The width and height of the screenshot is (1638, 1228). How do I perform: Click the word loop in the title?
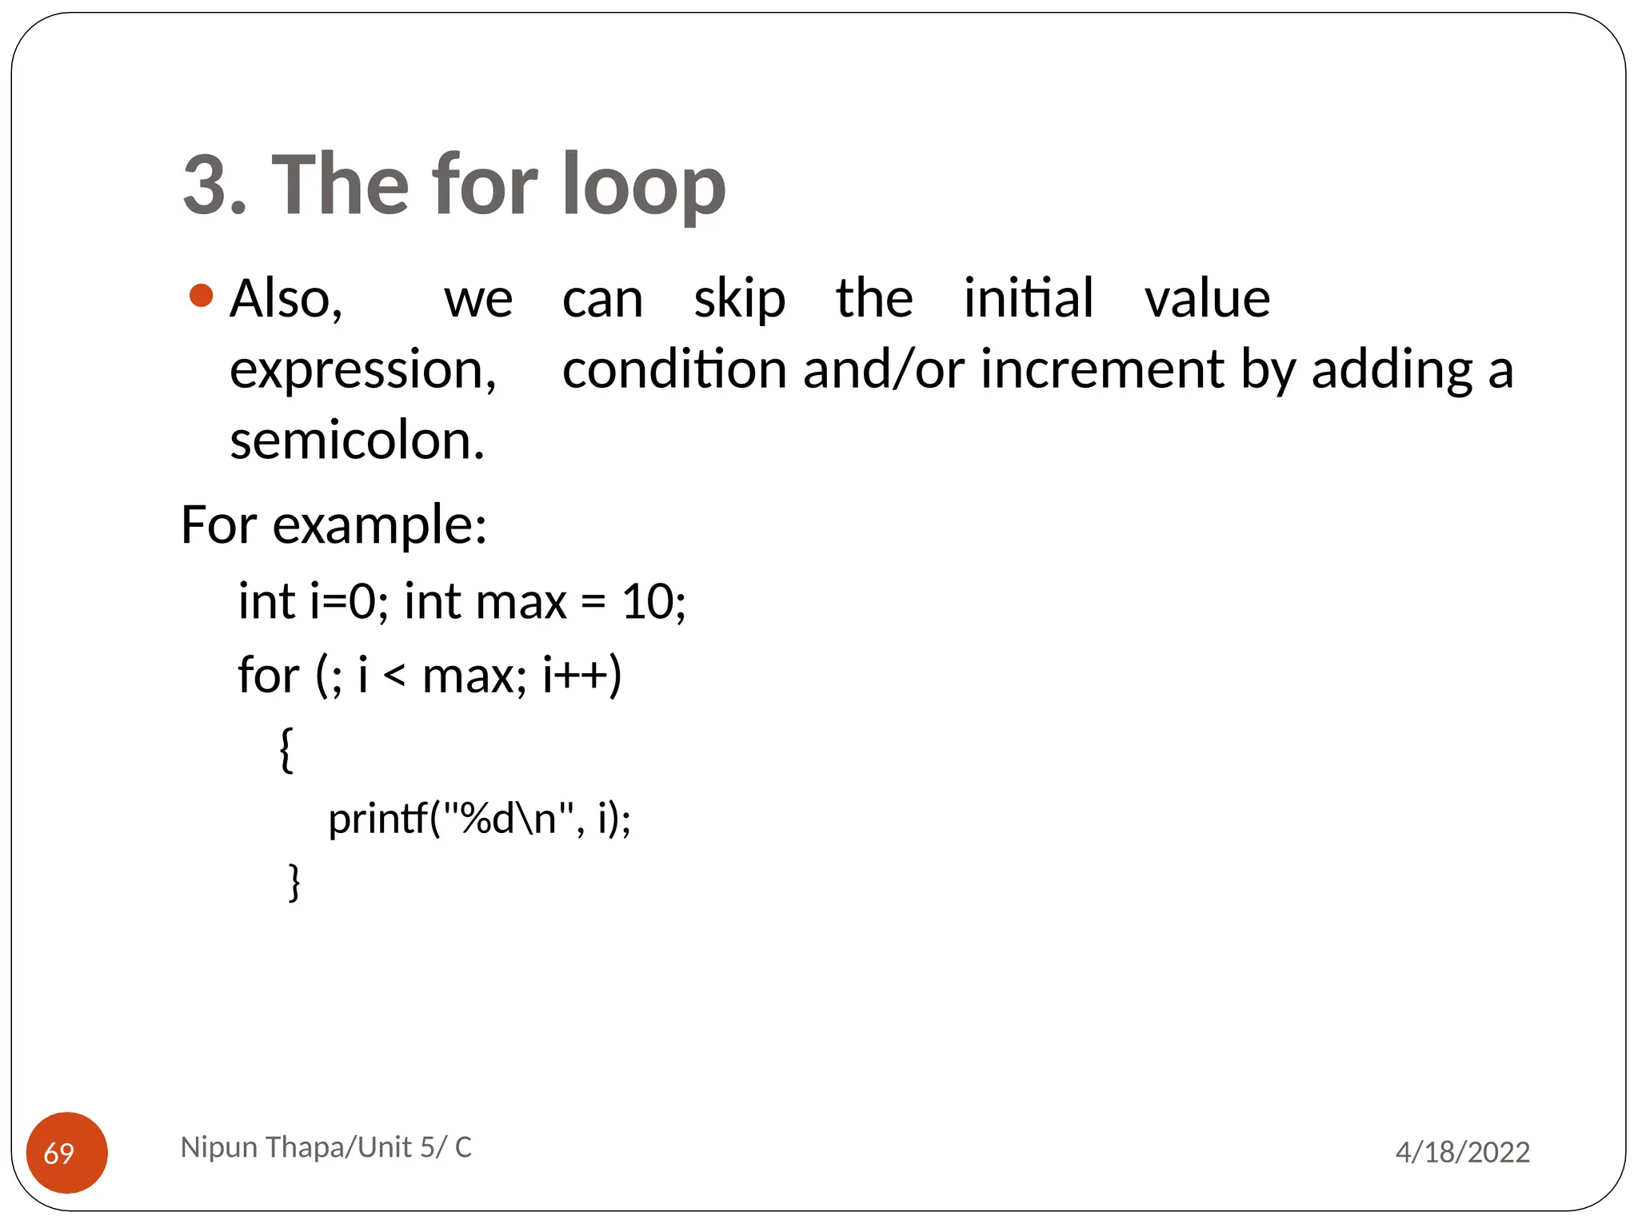643,185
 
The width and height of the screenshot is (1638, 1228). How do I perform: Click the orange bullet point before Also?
202,296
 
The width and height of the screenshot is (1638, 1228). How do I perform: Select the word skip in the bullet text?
739,299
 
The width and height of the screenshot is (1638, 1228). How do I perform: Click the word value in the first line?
1207,299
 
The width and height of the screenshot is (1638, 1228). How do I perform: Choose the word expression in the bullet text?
362,370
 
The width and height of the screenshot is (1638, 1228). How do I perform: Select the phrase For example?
334,525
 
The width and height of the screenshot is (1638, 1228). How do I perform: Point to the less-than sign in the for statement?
394,676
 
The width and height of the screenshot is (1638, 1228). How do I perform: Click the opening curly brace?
286,749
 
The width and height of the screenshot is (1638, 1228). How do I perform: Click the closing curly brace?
294,882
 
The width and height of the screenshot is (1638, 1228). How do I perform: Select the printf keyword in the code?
377,819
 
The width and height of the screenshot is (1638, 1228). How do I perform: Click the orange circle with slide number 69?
67,1152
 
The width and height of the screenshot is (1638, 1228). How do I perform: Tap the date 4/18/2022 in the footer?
1462,1152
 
